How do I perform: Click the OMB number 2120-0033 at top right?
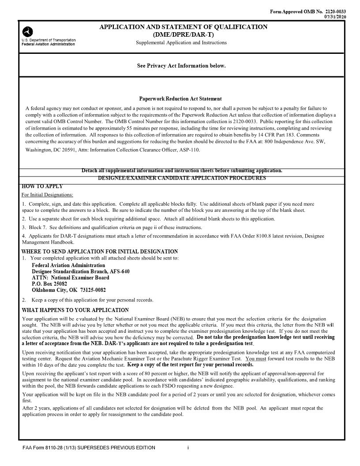tap(335, 11)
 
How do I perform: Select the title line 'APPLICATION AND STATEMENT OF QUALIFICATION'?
tap(183, 27)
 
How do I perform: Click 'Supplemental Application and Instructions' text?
tap(181, 43)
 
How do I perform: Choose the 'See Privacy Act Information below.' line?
tap(181, 66)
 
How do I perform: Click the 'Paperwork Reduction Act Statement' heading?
tap(180, 99)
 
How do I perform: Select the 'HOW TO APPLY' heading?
tap(42, 186)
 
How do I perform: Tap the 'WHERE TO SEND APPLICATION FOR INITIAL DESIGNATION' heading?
tap(100, 252)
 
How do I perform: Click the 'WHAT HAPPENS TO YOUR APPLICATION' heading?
tap(75, 310)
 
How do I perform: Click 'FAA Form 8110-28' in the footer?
tap(44, 448)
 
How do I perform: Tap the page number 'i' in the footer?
tap(188, 448)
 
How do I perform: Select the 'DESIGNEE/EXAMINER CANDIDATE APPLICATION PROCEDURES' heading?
tap(182, 178)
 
